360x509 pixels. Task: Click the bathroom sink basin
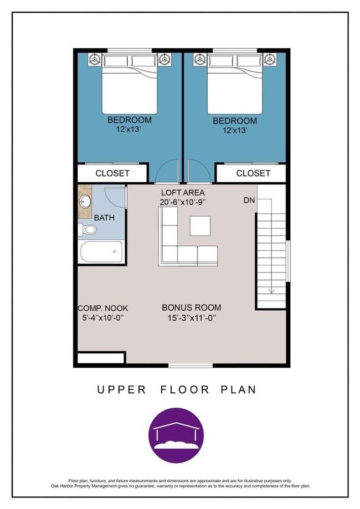pos(86,202)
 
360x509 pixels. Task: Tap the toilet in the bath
pos(88,229)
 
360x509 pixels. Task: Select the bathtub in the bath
pos(101,251)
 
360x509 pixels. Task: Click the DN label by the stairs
pos(249,200)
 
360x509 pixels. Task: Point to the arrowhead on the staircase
pos(272,291)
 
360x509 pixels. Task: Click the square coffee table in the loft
pos(200,226)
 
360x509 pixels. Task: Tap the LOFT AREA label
pos(183,193)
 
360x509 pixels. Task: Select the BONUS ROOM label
pos(192,307)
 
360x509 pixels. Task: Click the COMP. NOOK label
pos(103,308)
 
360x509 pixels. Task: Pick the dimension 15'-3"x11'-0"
pos(192,318)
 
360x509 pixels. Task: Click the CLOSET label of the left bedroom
pos(112,173)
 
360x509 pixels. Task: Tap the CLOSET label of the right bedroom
pos(253,173)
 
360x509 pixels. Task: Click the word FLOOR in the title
pos(184,389)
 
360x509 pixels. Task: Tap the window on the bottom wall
pos(191,366)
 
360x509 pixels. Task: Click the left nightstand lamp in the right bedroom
pos(199,59)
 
